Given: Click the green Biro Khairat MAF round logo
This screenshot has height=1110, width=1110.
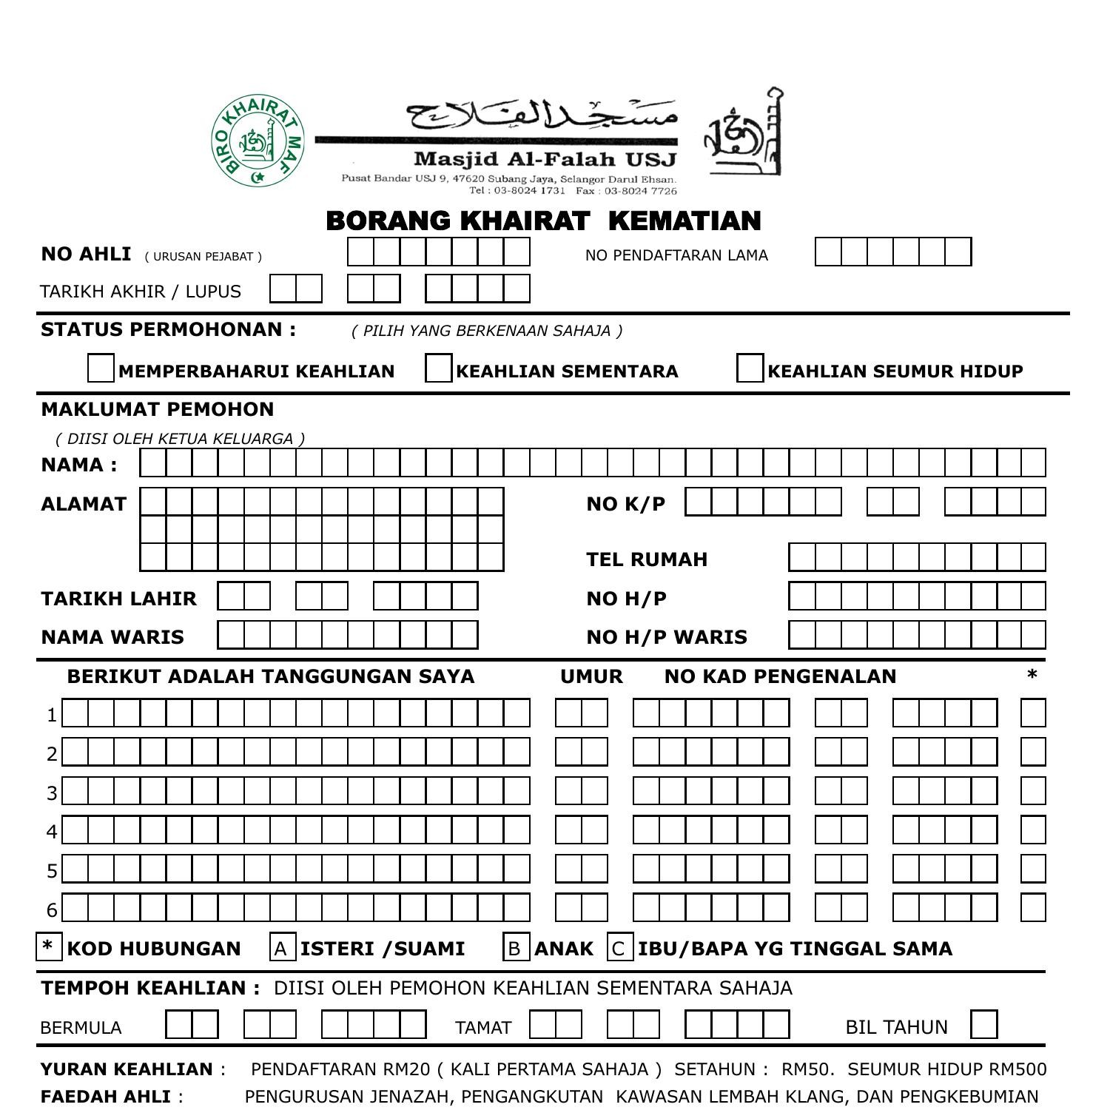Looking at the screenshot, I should pos(258,141).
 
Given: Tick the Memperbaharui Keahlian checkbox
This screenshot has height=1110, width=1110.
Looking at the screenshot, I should pos(101,369).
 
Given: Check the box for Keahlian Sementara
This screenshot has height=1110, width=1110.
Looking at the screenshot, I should pos(439,369).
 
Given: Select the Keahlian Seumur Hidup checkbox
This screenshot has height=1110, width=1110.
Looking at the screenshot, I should pos(750,369).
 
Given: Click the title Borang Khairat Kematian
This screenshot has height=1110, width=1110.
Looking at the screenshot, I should pos(543,221).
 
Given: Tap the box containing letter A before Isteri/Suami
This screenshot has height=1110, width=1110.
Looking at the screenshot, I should pos(283,948).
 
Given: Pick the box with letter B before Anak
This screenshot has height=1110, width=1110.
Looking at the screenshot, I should pos(516,948).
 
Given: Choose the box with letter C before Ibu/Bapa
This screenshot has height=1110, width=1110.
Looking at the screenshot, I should pos(620,948).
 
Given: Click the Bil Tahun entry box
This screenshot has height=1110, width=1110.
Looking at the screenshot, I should pos(983,1025).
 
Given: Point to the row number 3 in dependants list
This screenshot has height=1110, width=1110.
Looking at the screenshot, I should pos(52,793).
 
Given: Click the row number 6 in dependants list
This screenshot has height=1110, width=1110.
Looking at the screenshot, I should pos(52,909).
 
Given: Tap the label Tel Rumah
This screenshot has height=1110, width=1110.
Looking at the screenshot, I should pos(647,559).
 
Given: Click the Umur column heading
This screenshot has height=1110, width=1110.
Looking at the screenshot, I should pos(591,676).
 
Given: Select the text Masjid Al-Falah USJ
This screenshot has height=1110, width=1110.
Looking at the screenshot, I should pos(545,159).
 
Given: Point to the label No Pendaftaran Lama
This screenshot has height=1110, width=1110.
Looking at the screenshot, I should pos(676,255).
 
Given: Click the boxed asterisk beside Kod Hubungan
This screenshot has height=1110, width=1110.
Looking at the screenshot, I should pos(49,947).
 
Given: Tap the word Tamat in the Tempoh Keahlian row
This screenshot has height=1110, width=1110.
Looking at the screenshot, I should pos(482,1028).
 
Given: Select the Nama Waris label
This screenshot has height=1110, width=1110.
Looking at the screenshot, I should pos(112,637).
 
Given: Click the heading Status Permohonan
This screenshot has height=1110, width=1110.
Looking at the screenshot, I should pos(168,329).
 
